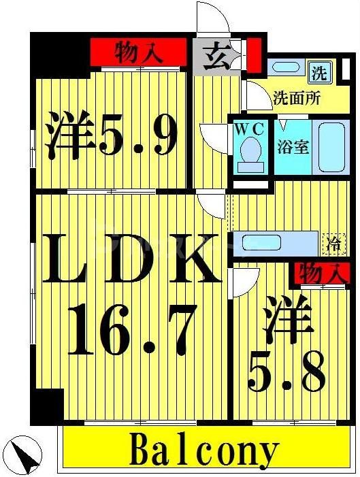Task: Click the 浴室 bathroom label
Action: pyautogui.click(x=293, y=146)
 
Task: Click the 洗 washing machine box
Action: pyautogui.click(x=318, y=71)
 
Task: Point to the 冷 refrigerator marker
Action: pyautogui.click(x=334, y=244)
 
